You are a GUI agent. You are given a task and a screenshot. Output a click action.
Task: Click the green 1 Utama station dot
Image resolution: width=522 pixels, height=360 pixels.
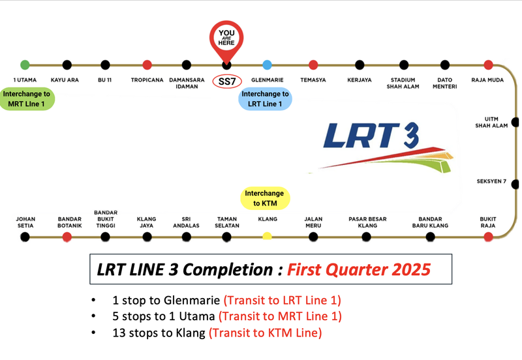[25, 65]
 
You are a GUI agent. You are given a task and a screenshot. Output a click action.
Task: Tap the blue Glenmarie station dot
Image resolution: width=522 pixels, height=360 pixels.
[267, 65]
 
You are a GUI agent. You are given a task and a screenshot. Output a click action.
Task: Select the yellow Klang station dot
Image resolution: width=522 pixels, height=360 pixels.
[267, 235]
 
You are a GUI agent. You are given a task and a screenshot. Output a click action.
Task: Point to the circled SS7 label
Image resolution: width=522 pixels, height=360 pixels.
[226, 83]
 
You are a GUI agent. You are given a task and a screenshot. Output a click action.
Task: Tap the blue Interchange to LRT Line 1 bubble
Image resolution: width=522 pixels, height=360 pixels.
[266, 99]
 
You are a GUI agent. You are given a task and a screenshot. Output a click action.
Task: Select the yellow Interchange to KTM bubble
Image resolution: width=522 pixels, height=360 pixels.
[264, 198]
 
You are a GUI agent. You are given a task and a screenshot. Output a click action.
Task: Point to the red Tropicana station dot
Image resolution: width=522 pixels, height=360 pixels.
[147, 65]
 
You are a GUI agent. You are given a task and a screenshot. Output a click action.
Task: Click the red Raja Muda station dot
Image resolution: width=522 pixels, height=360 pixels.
[488, 65]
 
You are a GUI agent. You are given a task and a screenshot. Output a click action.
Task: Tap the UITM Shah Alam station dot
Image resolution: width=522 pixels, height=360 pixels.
[515, 122]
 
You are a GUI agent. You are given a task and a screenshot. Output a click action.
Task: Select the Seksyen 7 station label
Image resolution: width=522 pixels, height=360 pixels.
[492, 181]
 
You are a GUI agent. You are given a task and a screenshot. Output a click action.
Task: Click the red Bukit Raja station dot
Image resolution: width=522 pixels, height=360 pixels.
[488, 235]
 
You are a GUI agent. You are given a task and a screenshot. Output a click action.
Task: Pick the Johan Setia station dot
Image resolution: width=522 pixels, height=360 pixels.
[25, 236]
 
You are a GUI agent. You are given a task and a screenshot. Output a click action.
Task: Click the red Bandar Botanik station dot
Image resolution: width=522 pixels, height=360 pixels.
[67, 236]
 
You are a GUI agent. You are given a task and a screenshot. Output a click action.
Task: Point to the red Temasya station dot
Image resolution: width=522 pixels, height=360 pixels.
[313, 65]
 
